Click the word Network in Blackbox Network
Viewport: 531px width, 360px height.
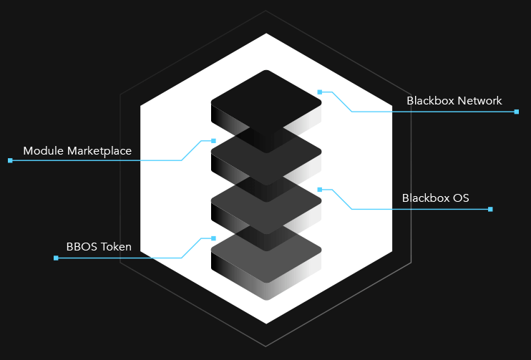point(480,101)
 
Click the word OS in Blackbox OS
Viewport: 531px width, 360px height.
point(461,198)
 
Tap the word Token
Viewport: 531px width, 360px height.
point(116,248)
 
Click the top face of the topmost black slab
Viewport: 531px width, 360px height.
point(266,101)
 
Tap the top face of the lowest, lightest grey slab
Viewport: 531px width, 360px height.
point(266,254)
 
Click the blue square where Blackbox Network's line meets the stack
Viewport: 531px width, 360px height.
point(320,92)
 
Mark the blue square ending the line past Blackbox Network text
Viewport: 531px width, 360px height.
point(517,112)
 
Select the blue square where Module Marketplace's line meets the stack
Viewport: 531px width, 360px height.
point(213,140)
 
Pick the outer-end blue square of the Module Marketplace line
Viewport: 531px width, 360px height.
point(10,160)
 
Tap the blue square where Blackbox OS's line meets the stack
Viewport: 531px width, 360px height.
point(320,190)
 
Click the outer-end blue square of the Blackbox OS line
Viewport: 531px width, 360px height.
point(490,209)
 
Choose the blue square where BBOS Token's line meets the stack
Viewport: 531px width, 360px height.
point(213,238)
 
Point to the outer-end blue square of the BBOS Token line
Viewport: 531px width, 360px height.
point(56,258)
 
